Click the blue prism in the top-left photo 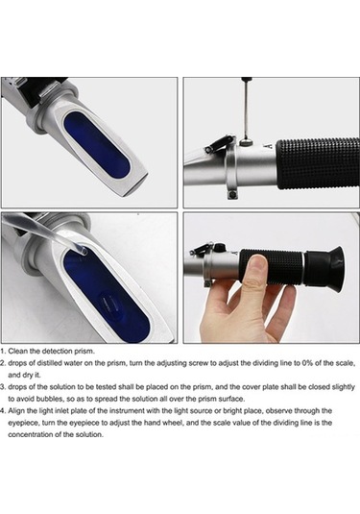[x=98, y=144]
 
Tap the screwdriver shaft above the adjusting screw [x=244, y=109]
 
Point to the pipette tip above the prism [x=81, y=251]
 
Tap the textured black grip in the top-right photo [x=318, y=164]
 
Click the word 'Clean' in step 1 [x=18, y=351]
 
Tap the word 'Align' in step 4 [x=15, y=411]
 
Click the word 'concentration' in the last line [x=29, y=434]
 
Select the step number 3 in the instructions [x=3, y=387]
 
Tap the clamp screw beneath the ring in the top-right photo [x=232, y=195]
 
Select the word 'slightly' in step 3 [x=343, y=387]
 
